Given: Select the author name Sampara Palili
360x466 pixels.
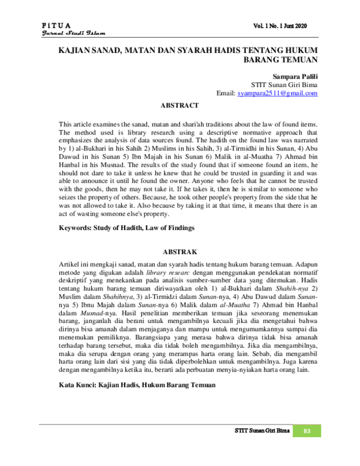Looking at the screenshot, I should [295, 77].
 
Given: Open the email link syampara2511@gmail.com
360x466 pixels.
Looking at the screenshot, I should [277, 94].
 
